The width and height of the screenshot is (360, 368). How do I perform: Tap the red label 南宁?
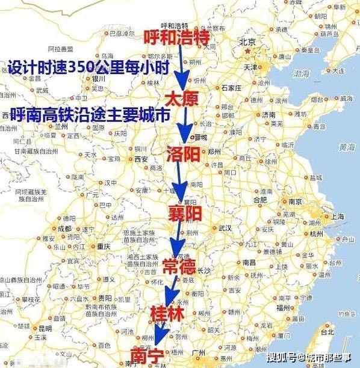pos(147,354)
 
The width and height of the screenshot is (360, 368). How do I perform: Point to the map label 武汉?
pos(225,228)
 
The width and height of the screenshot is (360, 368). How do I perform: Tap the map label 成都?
pos(65,228)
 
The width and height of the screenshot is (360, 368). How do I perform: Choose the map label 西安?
pos(141,159)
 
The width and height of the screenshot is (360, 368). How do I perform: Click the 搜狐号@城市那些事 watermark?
pos(312,358)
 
